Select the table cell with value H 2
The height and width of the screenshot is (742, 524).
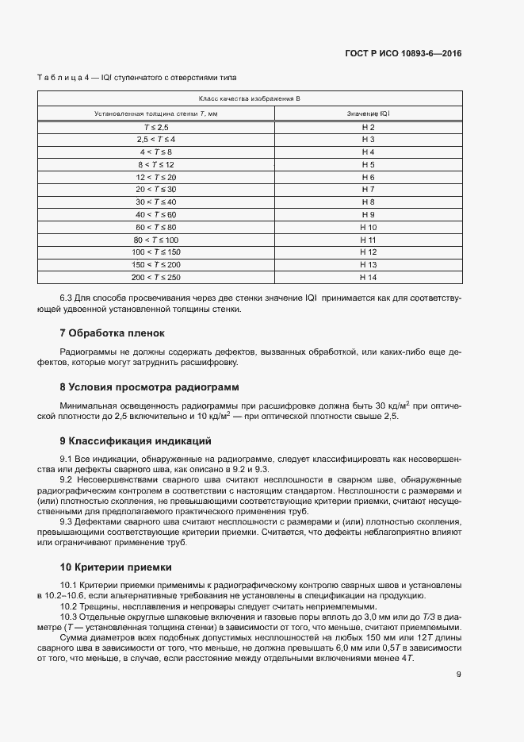pyautogui.click(x=367, y=127)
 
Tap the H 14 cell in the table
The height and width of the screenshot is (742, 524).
pyautogui.click(x=367, y=277)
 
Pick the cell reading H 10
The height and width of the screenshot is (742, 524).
pyautogui.click(x=367, y=227)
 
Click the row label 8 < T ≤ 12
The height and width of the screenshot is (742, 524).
pyautogui.click(x=156, y=164)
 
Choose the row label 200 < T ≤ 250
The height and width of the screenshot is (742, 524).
pyautogui.click(x=156, y=277)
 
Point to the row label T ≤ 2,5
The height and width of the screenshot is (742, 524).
pyautogui.click(x=156, y=127)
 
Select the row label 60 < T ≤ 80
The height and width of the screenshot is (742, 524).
pyautogui.click(x=156, y=227)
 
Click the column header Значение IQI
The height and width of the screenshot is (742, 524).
pyautogui.click(x=368, y=113)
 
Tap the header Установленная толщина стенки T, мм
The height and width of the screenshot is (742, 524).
pyautogui.click(x=156, y=113)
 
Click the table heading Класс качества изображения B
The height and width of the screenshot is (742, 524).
pyautogui.click(x=249, y=98)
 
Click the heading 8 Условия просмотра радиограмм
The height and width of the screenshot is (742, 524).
pyautogui.click(x=149, y=387)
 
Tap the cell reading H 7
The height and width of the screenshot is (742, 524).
pyautogui.click(x=367, y=190)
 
